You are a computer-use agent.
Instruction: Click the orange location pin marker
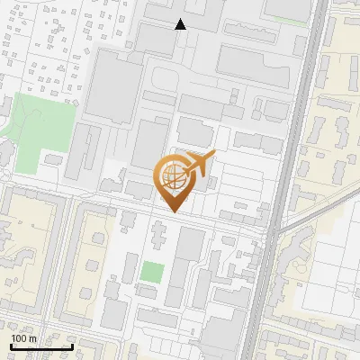[x=173, y=180]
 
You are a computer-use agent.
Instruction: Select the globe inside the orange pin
[x=173, y=175]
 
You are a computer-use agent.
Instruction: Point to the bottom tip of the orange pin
[x=173, y=212]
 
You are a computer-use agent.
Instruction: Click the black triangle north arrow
[x=181, y=24]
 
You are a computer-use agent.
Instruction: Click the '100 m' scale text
[x=23, y=338]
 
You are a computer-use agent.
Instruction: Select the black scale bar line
[x=41, y=346]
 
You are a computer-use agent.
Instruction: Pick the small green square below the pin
[x=152, y=272]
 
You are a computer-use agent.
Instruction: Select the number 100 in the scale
[x=18, y=338]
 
